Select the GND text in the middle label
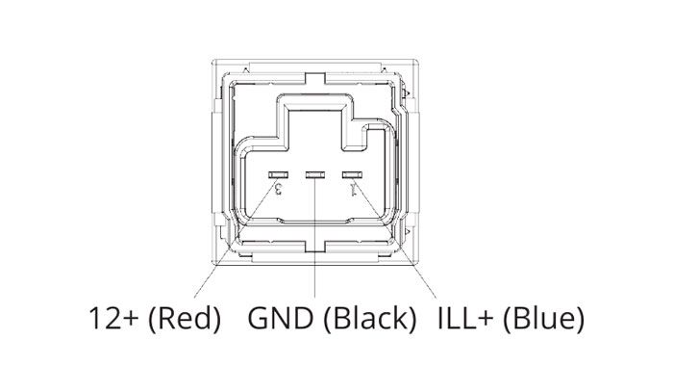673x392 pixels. coord(281,319)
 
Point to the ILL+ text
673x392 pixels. coord(464,319)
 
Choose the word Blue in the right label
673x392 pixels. coord(543,319)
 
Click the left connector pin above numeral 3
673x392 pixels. coord(278,174)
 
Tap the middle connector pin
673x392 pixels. coord(315,174)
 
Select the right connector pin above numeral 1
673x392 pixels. coord(352,174)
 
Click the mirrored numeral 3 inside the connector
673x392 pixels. coord(278,189)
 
